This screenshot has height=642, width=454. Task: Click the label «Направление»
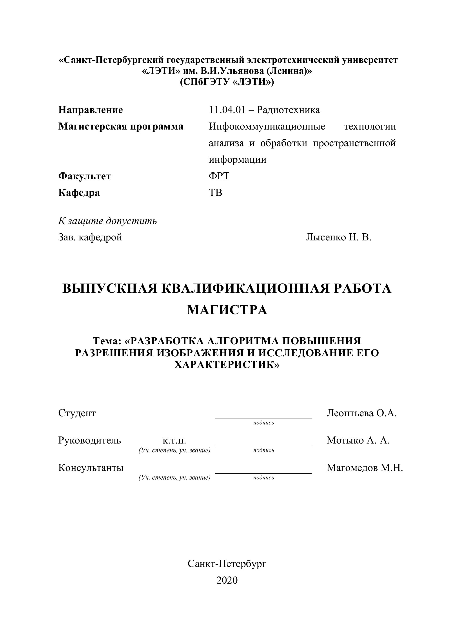pos(90,110)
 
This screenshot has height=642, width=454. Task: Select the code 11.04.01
pos(227,110)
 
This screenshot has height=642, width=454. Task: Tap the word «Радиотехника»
pos(288,110)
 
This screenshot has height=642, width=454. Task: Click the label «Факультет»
pos(85,176)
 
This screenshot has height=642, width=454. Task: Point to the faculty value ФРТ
pos(219,176)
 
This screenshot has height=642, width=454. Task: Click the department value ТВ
pos(215,193)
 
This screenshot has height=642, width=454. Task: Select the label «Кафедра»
pos(79,193)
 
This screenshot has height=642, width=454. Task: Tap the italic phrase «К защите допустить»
pos(107,221)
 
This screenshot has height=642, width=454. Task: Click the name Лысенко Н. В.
pos(338,237)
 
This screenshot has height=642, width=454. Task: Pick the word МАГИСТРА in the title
pos(227,310)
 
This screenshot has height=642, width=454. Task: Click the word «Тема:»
pos(107,341)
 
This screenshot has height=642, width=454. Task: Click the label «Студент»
pos(77,413)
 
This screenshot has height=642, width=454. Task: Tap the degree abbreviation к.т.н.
pos(174,440)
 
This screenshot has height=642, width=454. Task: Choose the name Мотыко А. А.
pos(358,440)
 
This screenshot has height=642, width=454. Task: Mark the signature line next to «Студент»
pos(263,418)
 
